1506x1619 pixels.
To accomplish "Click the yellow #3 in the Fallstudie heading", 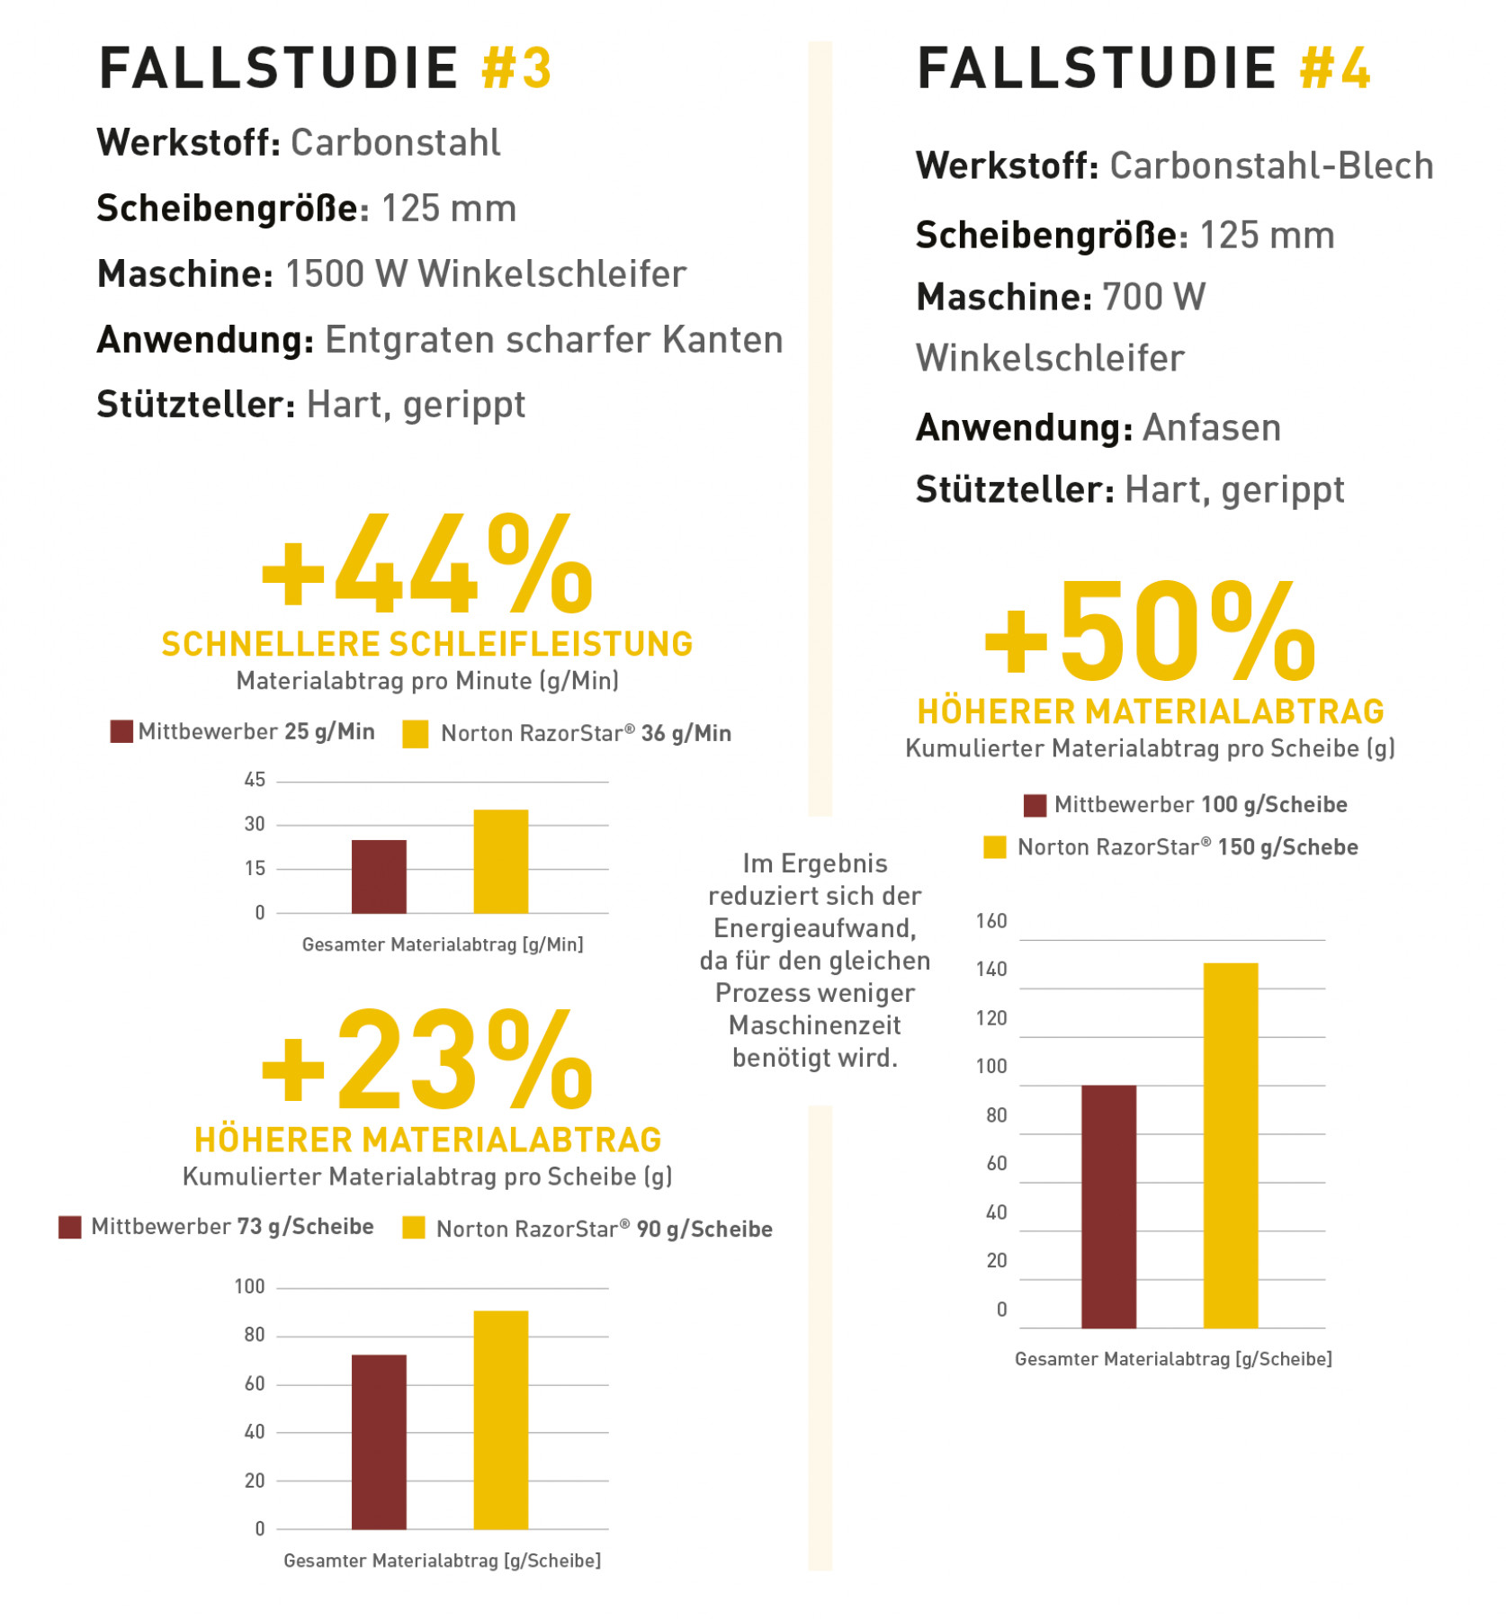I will tap(516, 68).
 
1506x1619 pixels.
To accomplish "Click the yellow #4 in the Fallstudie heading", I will tap(1335, 68).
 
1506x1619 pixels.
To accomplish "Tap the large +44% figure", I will tap(427, 565).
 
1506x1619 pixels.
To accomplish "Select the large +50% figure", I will tap(1151, 632).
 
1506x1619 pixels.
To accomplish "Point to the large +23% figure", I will tap(427, 1061).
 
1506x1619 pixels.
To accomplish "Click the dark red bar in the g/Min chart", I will tap(379, 876).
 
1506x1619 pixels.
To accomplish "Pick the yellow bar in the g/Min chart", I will tap(501, 861).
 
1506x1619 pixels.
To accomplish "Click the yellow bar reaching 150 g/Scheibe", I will tap(1231, 1144).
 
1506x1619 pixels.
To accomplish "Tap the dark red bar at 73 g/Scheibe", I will tap(379, 1441).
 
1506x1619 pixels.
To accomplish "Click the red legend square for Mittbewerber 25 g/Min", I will tap(121, 731).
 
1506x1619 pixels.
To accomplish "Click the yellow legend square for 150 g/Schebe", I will tap(995, 847).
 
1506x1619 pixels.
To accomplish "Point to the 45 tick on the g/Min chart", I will tap(255, 780).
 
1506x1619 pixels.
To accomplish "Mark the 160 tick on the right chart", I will tap(991, 921).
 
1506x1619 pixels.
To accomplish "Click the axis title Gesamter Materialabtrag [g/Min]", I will tap(443, 944).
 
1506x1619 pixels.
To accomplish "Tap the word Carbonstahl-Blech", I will tap(1271, 166).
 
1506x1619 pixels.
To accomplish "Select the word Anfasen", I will tap(1211, 428).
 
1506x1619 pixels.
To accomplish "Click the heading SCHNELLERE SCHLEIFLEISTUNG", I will tap(427, 644).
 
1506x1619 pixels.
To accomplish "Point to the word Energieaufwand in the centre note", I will tap(815, 928).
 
